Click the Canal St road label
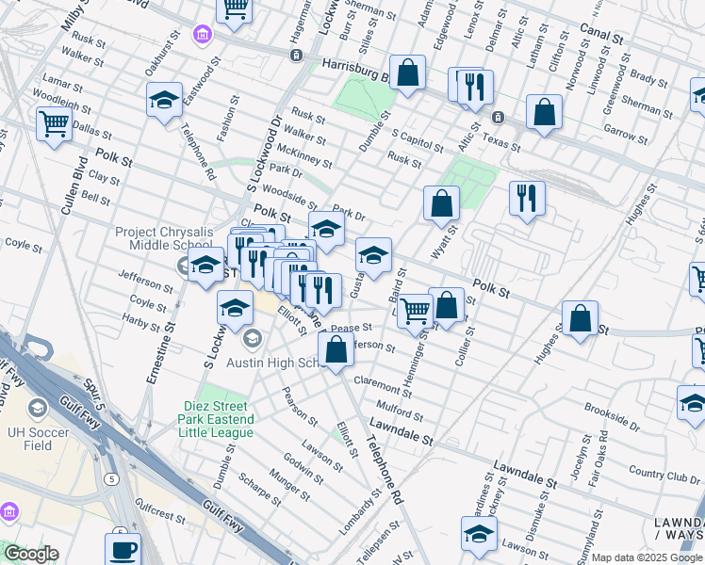pos(602,39)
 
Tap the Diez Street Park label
pos(218,419)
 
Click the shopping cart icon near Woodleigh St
pos(54,122)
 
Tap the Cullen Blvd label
pos(67,193)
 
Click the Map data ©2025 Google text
pos(646,557)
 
